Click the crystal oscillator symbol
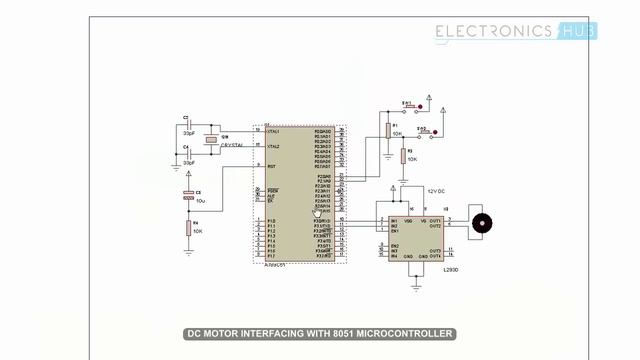(x=211, y=140)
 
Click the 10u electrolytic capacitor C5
(x=188, y=196)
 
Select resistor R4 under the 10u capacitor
(x=188, y=229)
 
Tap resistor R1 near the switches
(x=387, y=127)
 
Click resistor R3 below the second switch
(x=404, y=155)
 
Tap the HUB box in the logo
(x=576, y=31)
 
